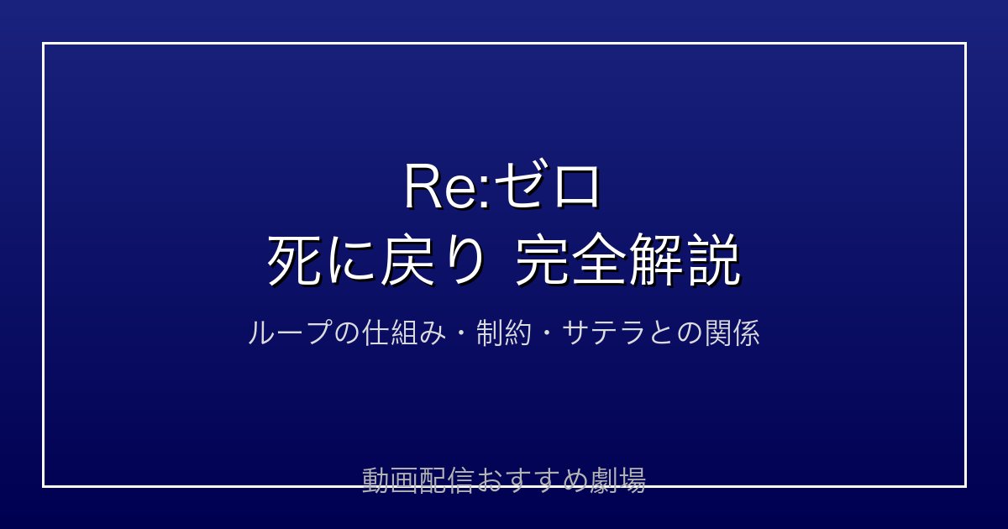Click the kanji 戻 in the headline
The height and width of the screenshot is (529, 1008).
coord(408,260)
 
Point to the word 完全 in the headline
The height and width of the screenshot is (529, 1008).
coord(571,260)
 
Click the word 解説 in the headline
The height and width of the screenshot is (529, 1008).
coord(685,260)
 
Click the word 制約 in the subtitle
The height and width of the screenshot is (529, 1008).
coord(504,333)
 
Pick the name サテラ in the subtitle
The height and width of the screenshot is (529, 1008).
coord(604,333)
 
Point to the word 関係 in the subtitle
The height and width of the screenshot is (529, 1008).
coord(732,333)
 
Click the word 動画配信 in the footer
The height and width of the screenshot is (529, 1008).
coord(417,480)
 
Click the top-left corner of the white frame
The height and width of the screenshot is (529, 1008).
coord(43,43)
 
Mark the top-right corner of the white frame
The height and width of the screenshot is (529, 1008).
coord(966,43)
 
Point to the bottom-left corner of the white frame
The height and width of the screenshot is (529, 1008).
coord(43,486)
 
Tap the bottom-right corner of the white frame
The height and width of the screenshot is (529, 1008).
coord(966,486)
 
